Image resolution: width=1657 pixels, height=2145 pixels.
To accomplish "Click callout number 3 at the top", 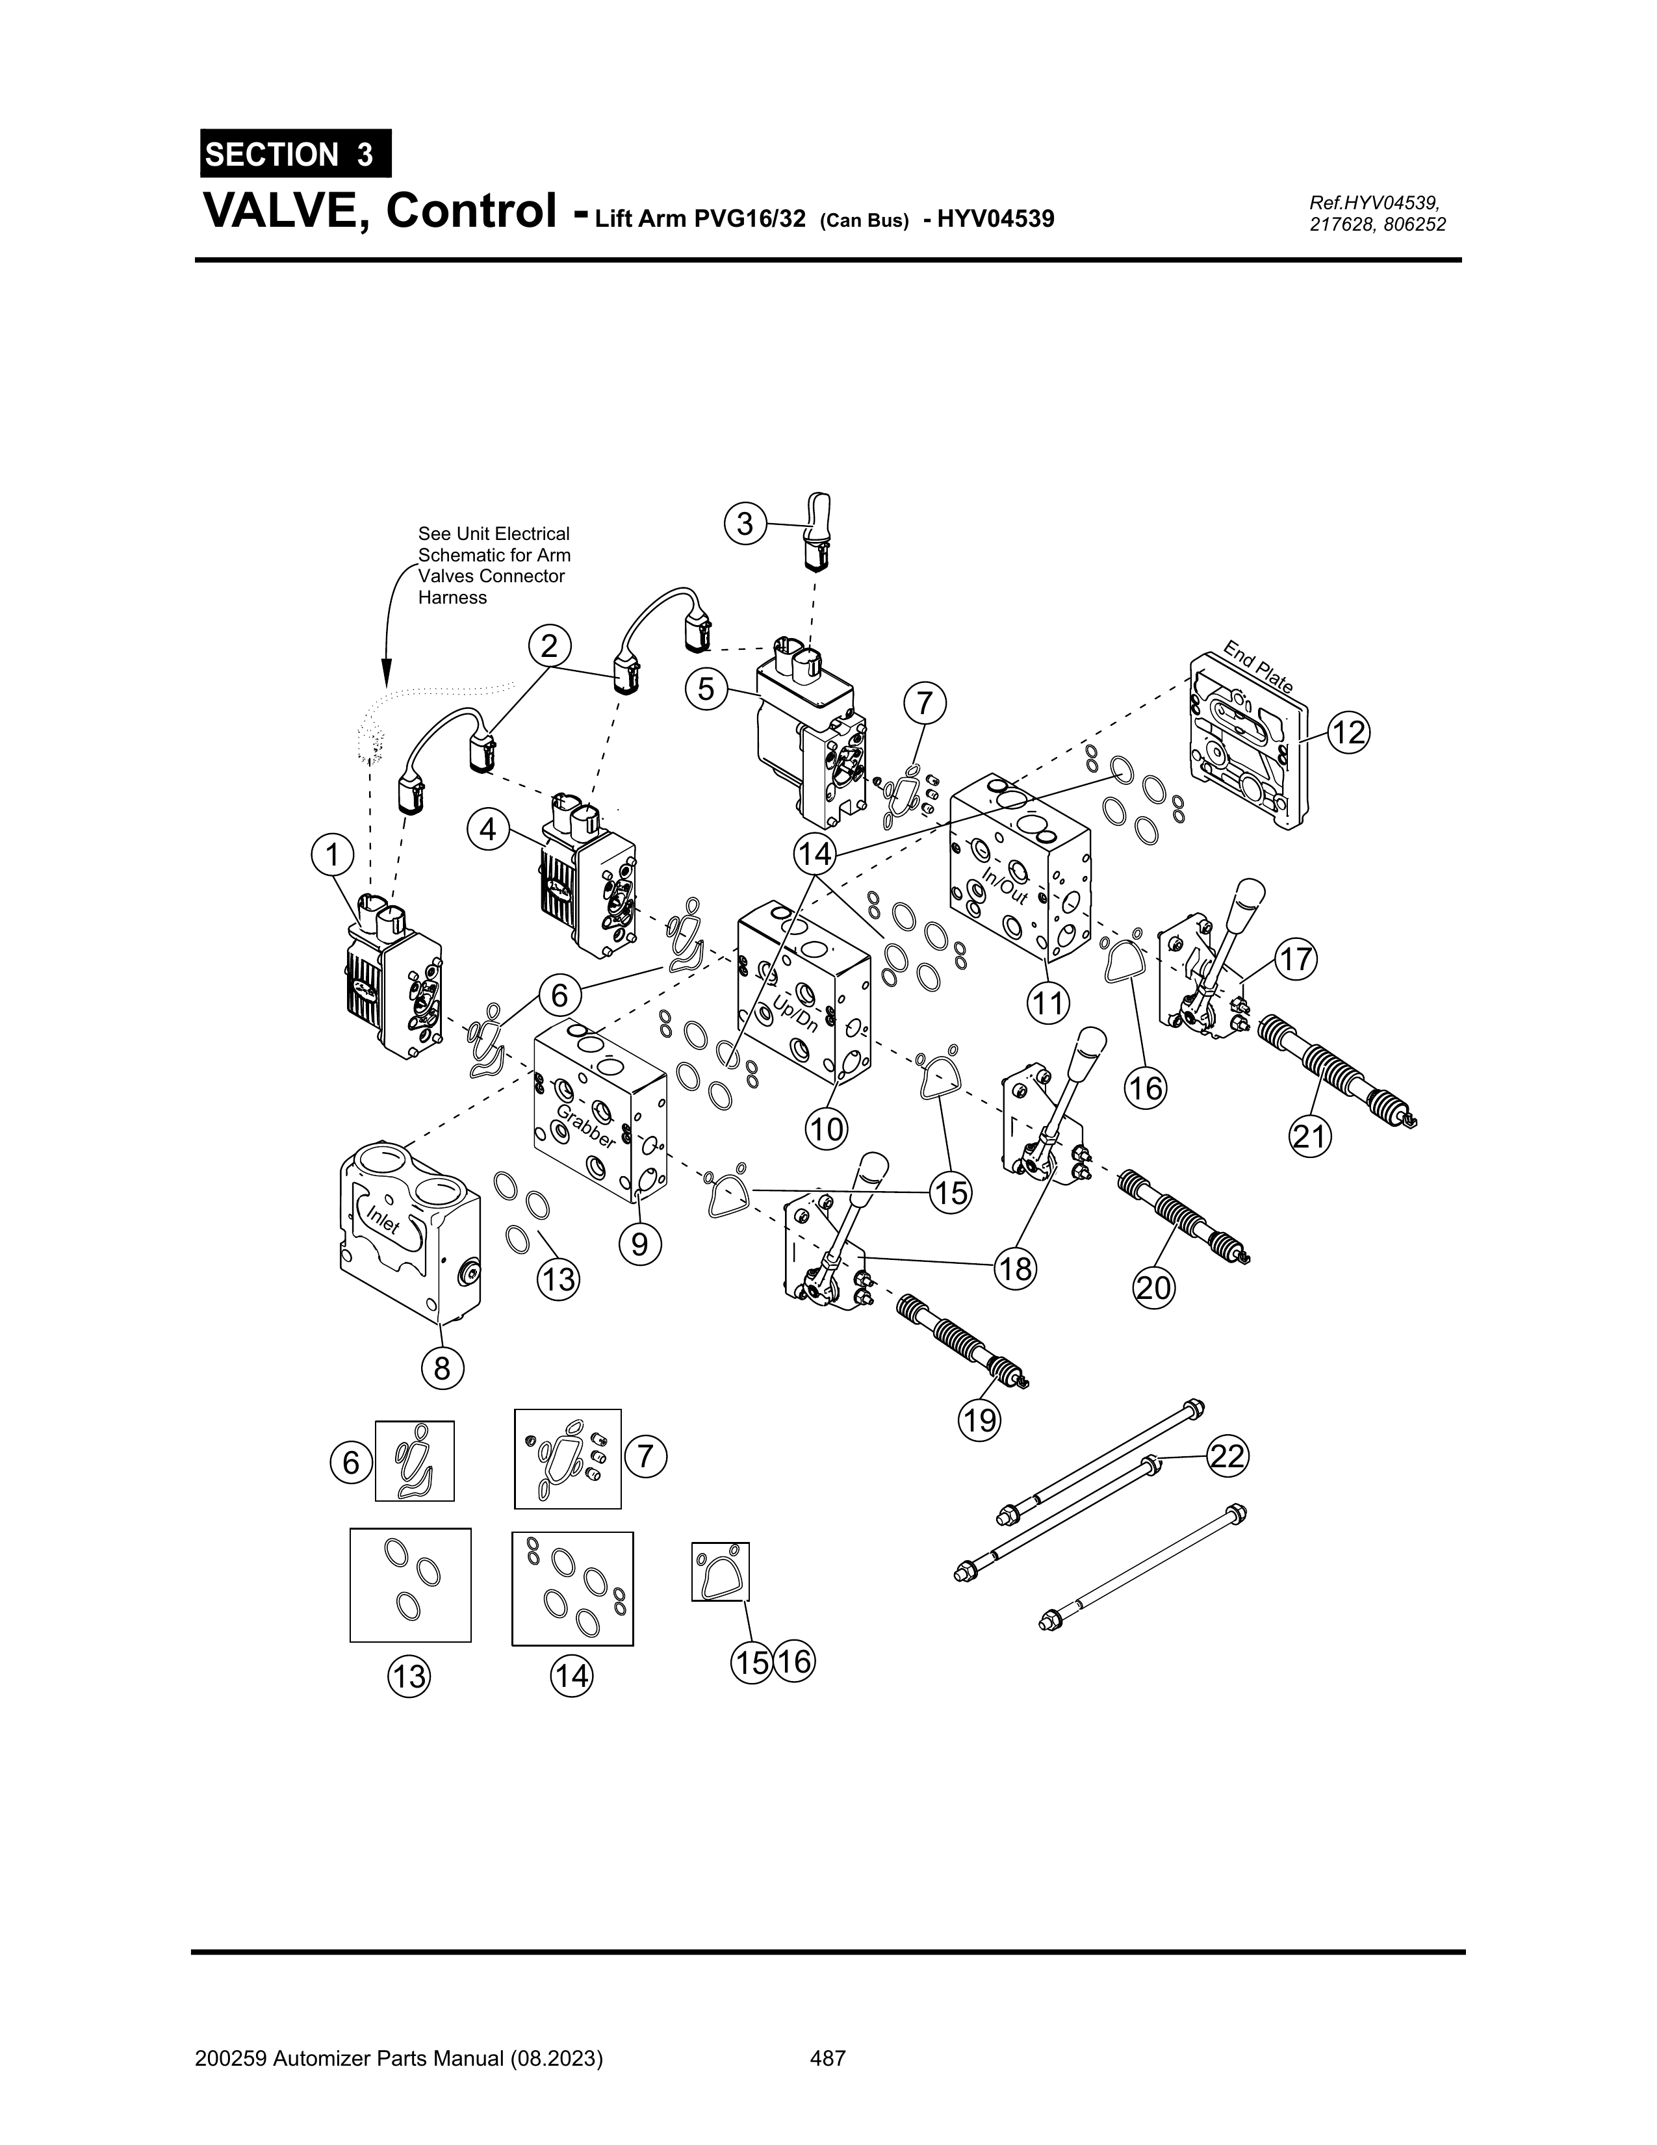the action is (745, 524).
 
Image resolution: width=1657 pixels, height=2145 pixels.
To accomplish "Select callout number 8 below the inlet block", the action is (442, 1367).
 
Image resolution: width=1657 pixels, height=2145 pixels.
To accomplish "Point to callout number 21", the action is (1309, 1137).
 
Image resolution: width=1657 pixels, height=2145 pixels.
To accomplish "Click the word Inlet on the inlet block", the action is (383, 1221).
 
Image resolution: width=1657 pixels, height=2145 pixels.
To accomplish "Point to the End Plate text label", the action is (1258, 667).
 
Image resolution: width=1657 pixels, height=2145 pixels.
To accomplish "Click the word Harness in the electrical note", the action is (453, 597).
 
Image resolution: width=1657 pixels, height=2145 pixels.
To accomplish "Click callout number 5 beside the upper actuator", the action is (706, 689).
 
